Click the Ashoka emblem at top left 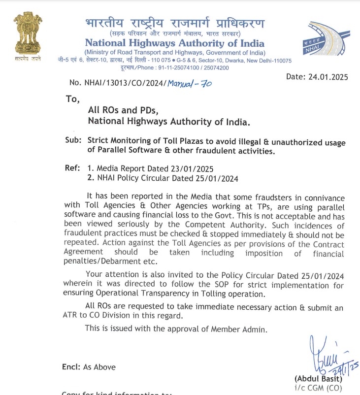coord(27,34)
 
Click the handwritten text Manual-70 coord(190,83)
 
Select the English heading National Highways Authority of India coord(174,43)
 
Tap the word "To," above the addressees coord(72,99)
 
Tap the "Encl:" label coord(71,367)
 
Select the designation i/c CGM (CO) coord(319,388)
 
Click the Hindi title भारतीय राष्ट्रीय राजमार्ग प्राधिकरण coord(174,23)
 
